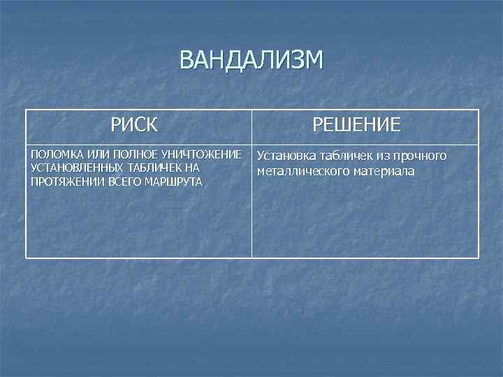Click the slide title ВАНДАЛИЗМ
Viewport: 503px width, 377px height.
[x=251, y=61]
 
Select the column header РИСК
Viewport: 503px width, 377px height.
[x=134, y=126]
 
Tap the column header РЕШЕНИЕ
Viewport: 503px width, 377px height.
[x=356, y=126]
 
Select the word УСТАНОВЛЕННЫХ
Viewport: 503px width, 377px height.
[x=75, y=168]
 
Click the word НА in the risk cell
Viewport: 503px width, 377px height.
[x=193, y=168]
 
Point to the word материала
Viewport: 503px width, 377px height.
[x=384, y=171]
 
